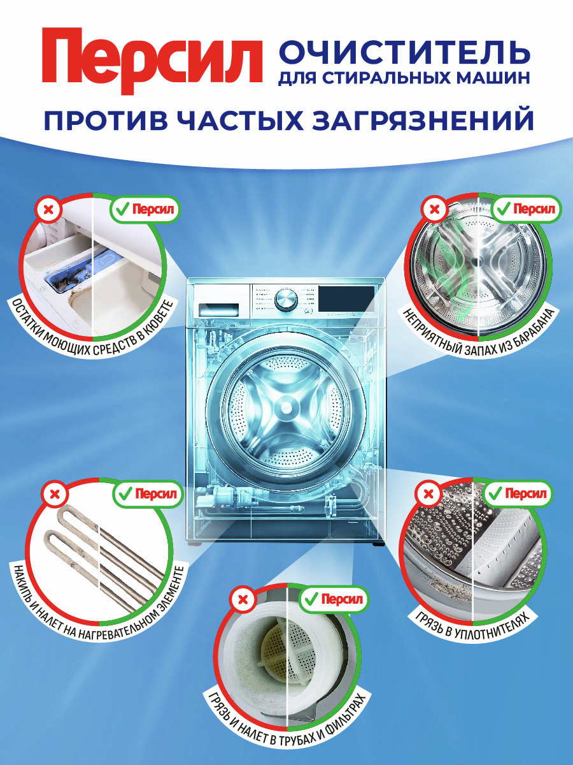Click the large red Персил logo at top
(152, 61)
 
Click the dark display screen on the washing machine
(346, 299)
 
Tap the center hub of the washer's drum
(287, 406)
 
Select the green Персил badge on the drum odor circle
(527, 208)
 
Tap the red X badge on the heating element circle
(55, 494)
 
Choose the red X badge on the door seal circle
(428, 493)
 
